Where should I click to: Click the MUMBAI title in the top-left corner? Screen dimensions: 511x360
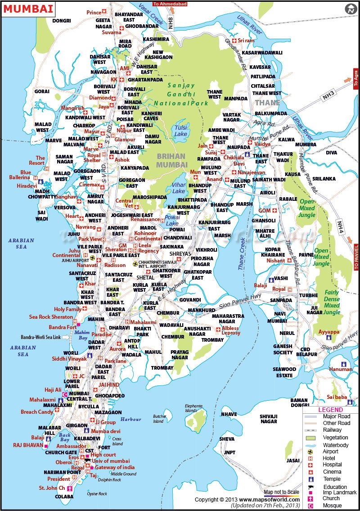point(28,9)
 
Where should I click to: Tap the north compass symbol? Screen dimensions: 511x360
point(351,9)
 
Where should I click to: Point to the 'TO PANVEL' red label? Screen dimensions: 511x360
point(356,257)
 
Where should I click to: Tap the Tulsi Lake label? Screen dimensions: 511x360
point(181,131)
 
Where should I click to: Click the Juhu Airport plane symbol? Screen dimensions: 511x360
point(93,258)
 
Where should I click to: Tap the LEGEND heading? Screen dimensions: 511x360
point(331,410)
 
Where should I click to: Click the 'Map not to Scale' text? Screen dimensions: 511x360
point(281,492)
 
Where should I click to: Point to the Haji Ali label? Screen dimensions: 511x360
point(52,389)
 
